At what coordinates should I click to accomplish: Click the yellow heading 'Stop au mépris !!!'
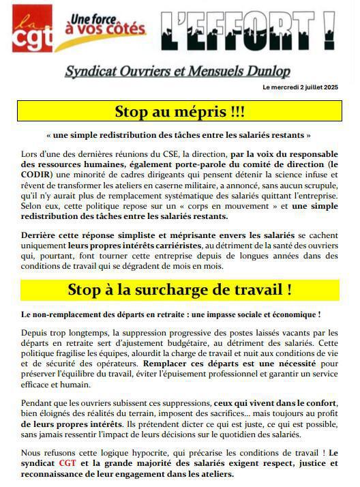179,111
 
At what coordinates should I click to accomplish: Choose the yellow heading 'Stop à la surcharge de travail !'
179,289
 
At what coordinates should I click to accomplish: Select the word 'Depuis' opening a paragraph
35,331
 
